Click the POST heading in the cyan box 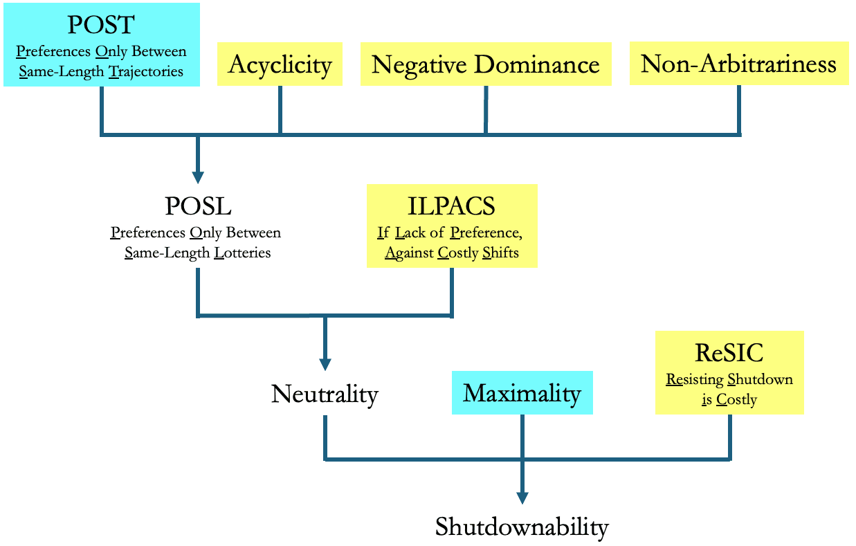(102, 26)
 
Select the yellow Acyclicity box (280, 64)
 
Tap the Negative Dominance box (485, 64)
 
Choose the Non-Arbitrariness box (738, 64)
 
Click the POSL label (198, 206)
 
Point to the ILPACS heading (452, 206)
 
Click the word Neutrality (325, 394)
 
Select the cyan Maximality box (522, 393)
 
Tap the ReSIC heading (729, 353)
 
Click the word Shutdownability (522, 527)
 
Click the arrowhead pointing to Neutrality (325, 364)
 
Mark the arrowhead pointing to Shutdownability (522, 497)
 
